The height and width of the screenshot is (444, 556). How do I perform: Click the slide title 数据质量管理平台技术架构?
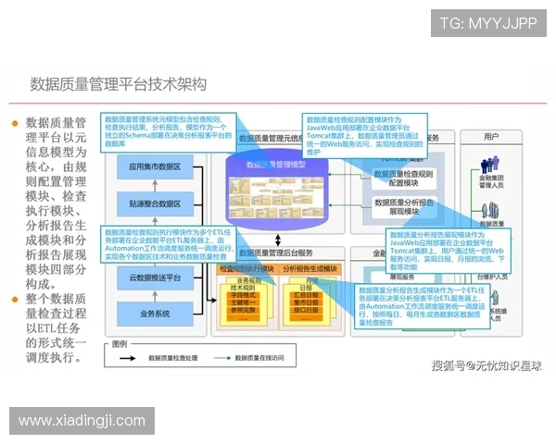pos(118,84)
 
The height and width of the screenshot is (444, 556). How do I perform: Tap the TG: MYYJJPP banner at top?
pos(487,23)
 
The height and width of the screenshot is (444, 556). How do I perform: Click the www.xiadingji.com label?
pos(82,421)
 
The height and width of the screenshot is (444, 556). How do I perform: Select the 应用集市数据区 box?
pos(155,167)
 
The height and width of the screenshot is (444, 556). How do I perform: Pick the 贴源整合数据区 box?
pos(155,203)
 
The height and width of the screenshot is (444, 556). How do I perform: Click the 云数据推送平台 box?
pos(155,277)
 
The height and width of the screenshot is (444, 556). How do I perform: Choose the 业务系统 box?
pos(155,314)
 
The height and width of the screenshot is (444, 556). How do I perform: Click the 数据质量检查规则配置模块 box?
pos(403,178)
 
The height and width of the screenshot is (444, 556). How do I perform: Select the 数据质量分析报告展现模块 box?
pos(403,206)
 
